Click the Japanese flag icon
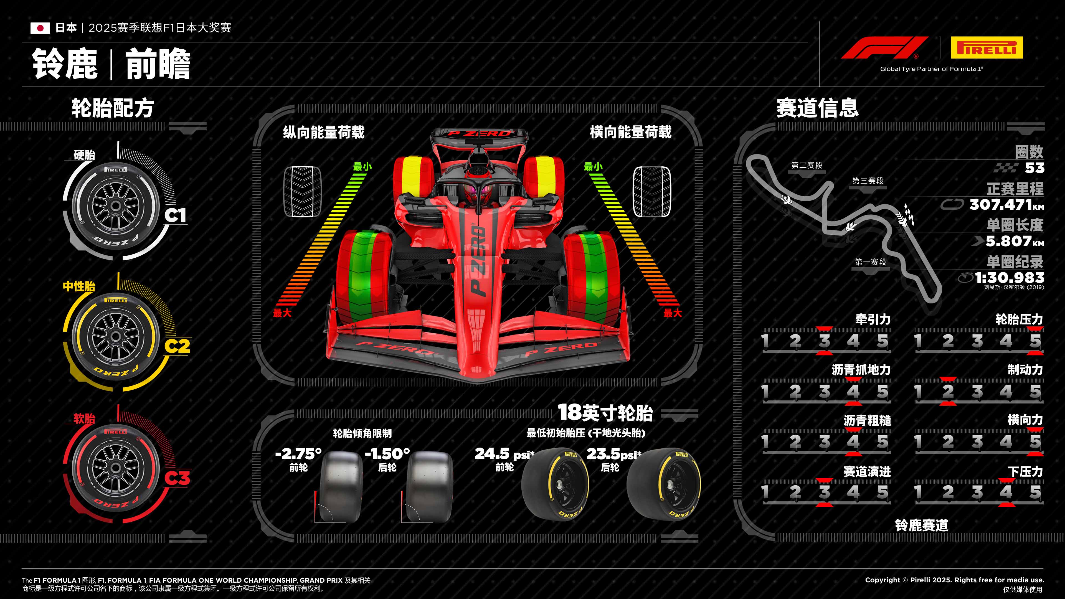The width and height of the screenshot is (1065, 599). tap(40, 28)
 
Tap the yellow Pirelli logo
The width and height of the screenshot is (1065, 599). tap(987, 47)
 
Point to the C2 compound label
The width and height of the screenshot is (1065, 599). tap(177, 346)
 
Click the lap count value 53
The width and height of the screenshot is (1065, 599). tap(1034, 168)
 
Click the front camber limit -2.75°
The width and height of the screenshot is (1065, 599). tap(298, 454)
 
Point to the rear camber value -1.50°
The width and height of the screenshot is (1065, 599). tap(387, 454)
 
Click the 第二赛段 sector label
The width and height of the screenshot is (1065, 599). tap(807, 165)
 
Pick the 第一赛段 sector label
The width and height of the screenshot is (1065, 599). tap(870, 262)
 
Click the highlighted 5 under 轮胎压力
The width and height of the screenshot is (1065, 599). tap(1035, 341)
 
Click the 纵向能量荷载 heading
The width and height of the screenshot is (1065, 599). tap(323, 132)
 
